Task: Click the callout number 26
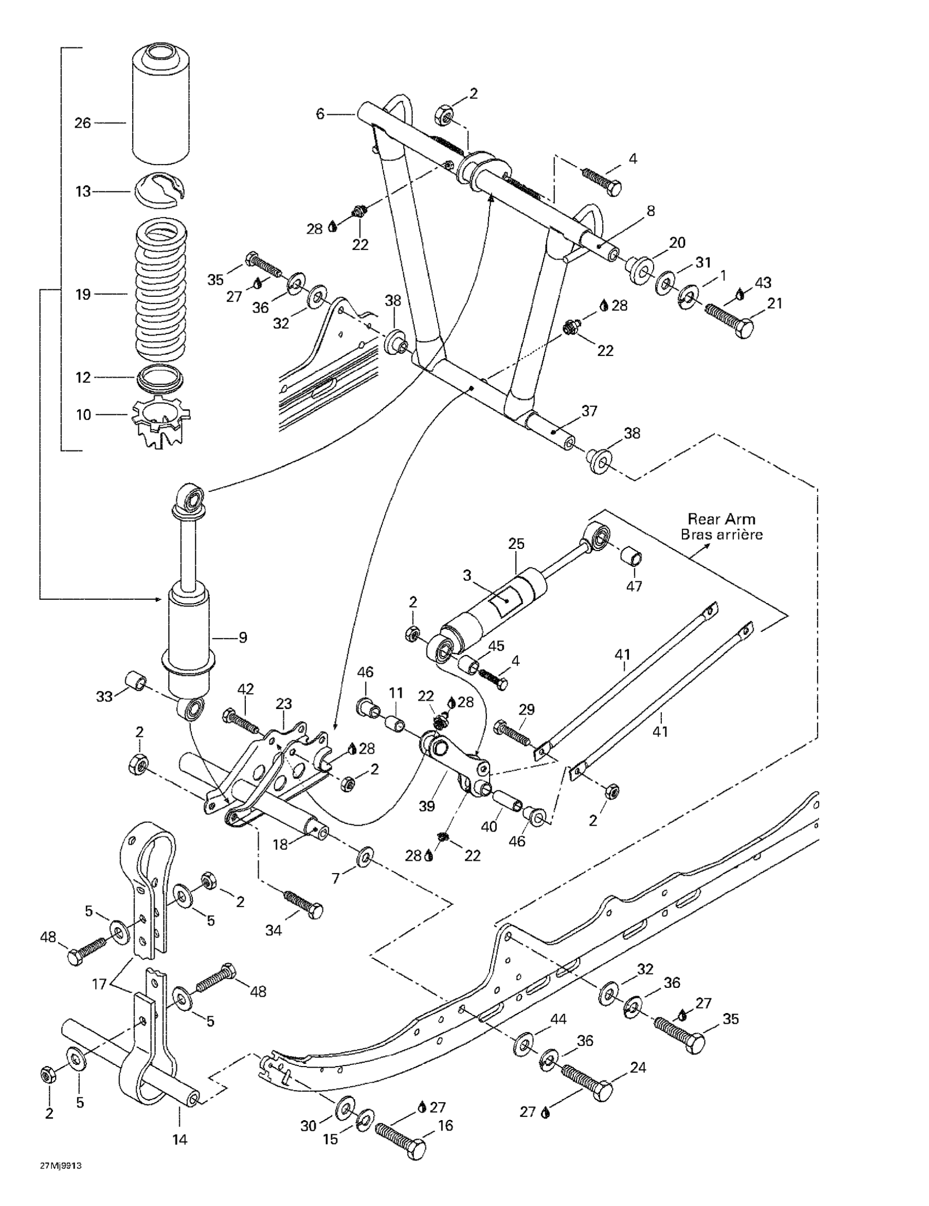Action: click(x=83, y=122)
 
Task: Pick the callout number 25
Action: click(x=516, y=543)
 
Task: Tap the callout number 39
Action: click(x=427, y=806)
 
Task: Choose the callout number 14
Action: click(x=180, y=1139)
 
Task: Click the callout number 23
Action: click(x=284, y=704)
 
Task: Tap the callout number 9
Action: click(x=243, y=638)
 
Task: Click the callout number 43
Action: click(x=763, y=282)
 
